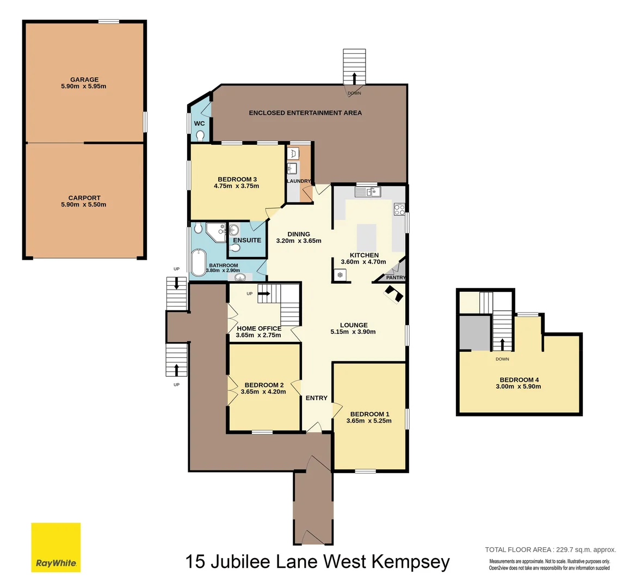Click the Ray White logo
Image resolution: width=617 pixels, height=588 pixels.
55,547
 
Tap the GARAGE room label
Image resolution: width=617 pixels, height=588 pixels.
84,79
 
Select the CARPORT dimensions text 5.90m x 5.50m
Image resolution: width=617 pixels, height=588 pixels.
84,205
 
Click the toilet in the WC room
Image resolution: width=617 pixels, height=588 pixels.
200,135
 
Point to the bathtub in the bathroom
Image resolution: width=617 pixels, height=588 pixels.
198,262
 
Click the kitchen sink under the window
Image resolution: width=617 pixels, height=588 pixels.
368,192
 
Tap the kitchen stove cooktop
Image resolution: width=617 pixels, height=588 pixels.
399,210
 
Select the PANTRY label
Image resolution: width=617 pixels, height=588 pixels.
396,278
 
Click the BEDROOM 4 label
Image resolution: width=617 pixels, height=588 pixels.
519,380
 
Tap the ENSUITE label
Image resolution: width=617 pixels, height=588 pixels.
247,240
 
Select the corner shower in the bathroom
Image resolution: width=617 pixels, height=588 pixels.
216,231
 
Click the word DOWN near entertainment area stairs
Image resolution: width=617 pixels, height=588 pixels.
354,93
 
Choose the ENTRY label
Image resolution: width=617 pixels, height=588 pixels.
316,398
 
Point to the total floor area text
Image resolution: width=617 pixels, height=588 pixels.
550,550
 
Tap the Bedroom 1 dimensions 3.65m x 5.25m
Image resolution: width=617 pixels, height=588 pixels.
369,420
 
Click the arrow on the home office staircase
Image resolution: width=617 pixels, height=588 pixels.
265,294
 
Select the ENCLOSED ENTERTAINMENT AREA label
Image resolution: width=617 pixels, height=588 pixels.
305,113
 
